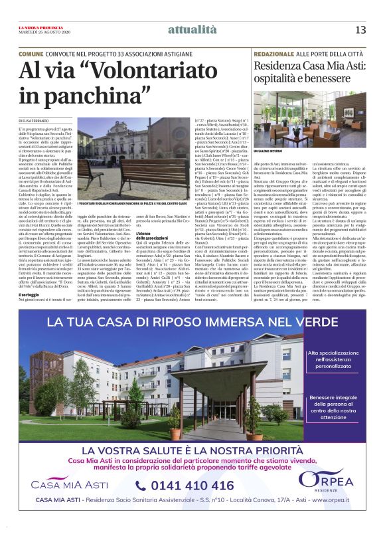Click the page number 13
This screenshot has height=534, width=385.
[x=361, y=29]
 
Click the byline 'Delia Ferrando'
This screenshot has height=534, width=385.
[x=35, y=120]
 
